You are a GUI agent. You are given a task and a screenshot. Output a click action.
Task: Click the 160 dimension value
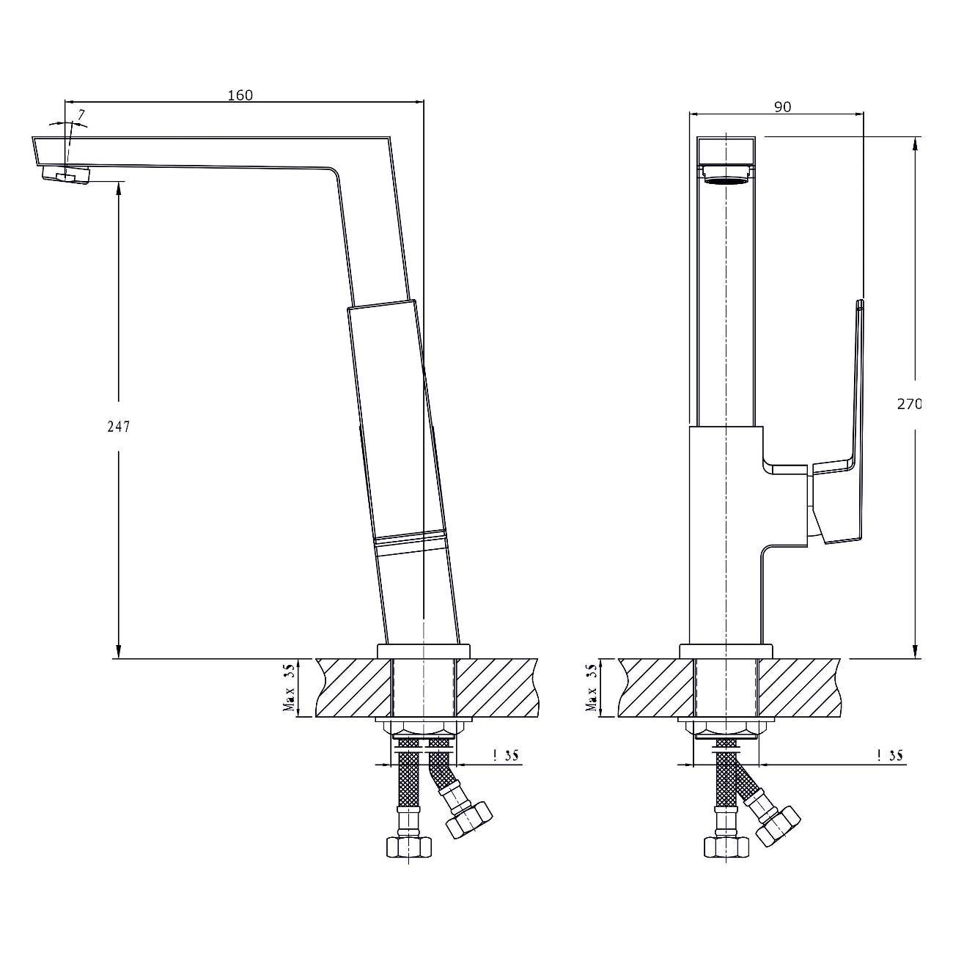click(240, 95)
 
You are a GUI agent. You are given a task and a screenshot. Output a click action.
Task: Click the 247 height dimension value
click(119, 427)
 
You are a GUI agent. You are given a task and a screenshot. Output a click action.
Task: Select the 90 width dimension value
click(782, 107)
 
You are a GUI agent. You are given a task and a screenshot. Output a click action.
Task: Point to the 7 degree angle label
click(81, 115)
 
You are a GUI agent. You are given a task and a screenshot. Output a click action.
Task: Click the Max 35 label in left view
click(290, 688)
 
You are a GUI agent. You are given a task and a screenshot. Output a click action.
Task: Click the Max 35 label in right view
click(592, 688)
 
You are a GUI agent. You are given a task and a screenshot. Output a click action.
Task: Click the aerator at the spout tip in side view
click(66, 174)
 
